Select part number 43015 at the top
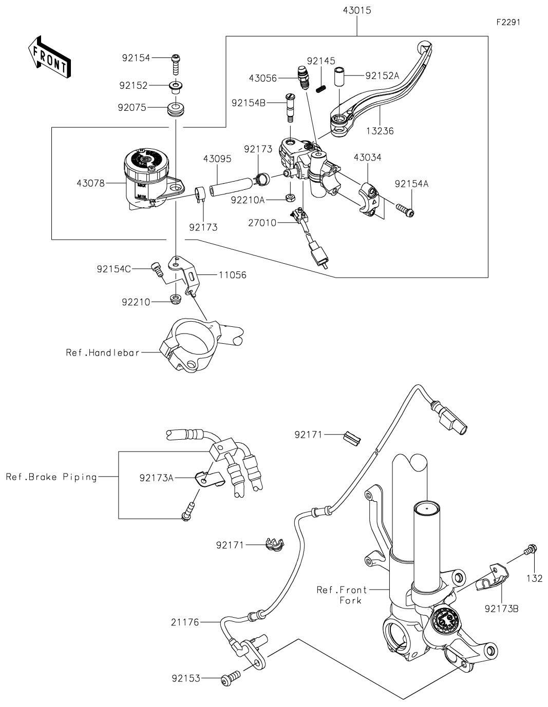356,10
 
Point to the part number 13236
381,130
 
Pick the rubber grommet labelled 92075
176,109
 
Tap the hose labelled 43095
231,183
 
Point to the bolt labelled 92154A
405,209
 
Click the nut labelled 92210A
290,198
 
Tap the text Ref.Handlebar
102,352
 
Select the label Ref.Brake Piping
51,477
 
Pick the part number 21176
185,622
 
